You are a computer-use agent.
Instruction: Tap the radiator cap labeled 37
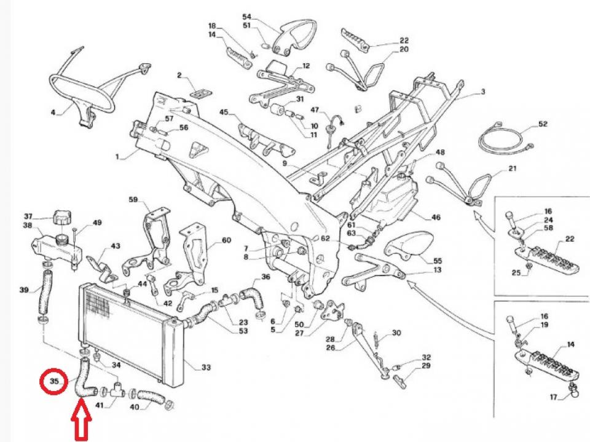[63, 219]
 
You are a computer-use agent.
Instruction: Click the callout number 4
[53, 112]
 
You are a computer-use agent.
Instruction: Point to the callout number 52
[542, 124]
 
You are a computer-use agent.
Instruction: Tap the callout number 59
[133, 200]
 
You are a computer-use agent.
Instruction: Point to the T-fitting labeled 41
[119, 391]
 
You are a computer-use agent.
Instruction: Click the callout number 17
[554, 397]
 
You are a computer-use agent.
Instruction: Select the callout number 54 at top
[247, 17]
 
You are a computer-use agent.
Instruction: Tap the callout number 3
[482, 92]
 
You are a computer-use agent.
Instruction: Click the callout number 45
[224, 112]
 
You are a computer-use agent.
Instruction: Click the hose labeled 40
[149, 398]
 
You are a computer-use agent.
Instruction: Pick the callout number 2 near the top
[179, 76]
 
